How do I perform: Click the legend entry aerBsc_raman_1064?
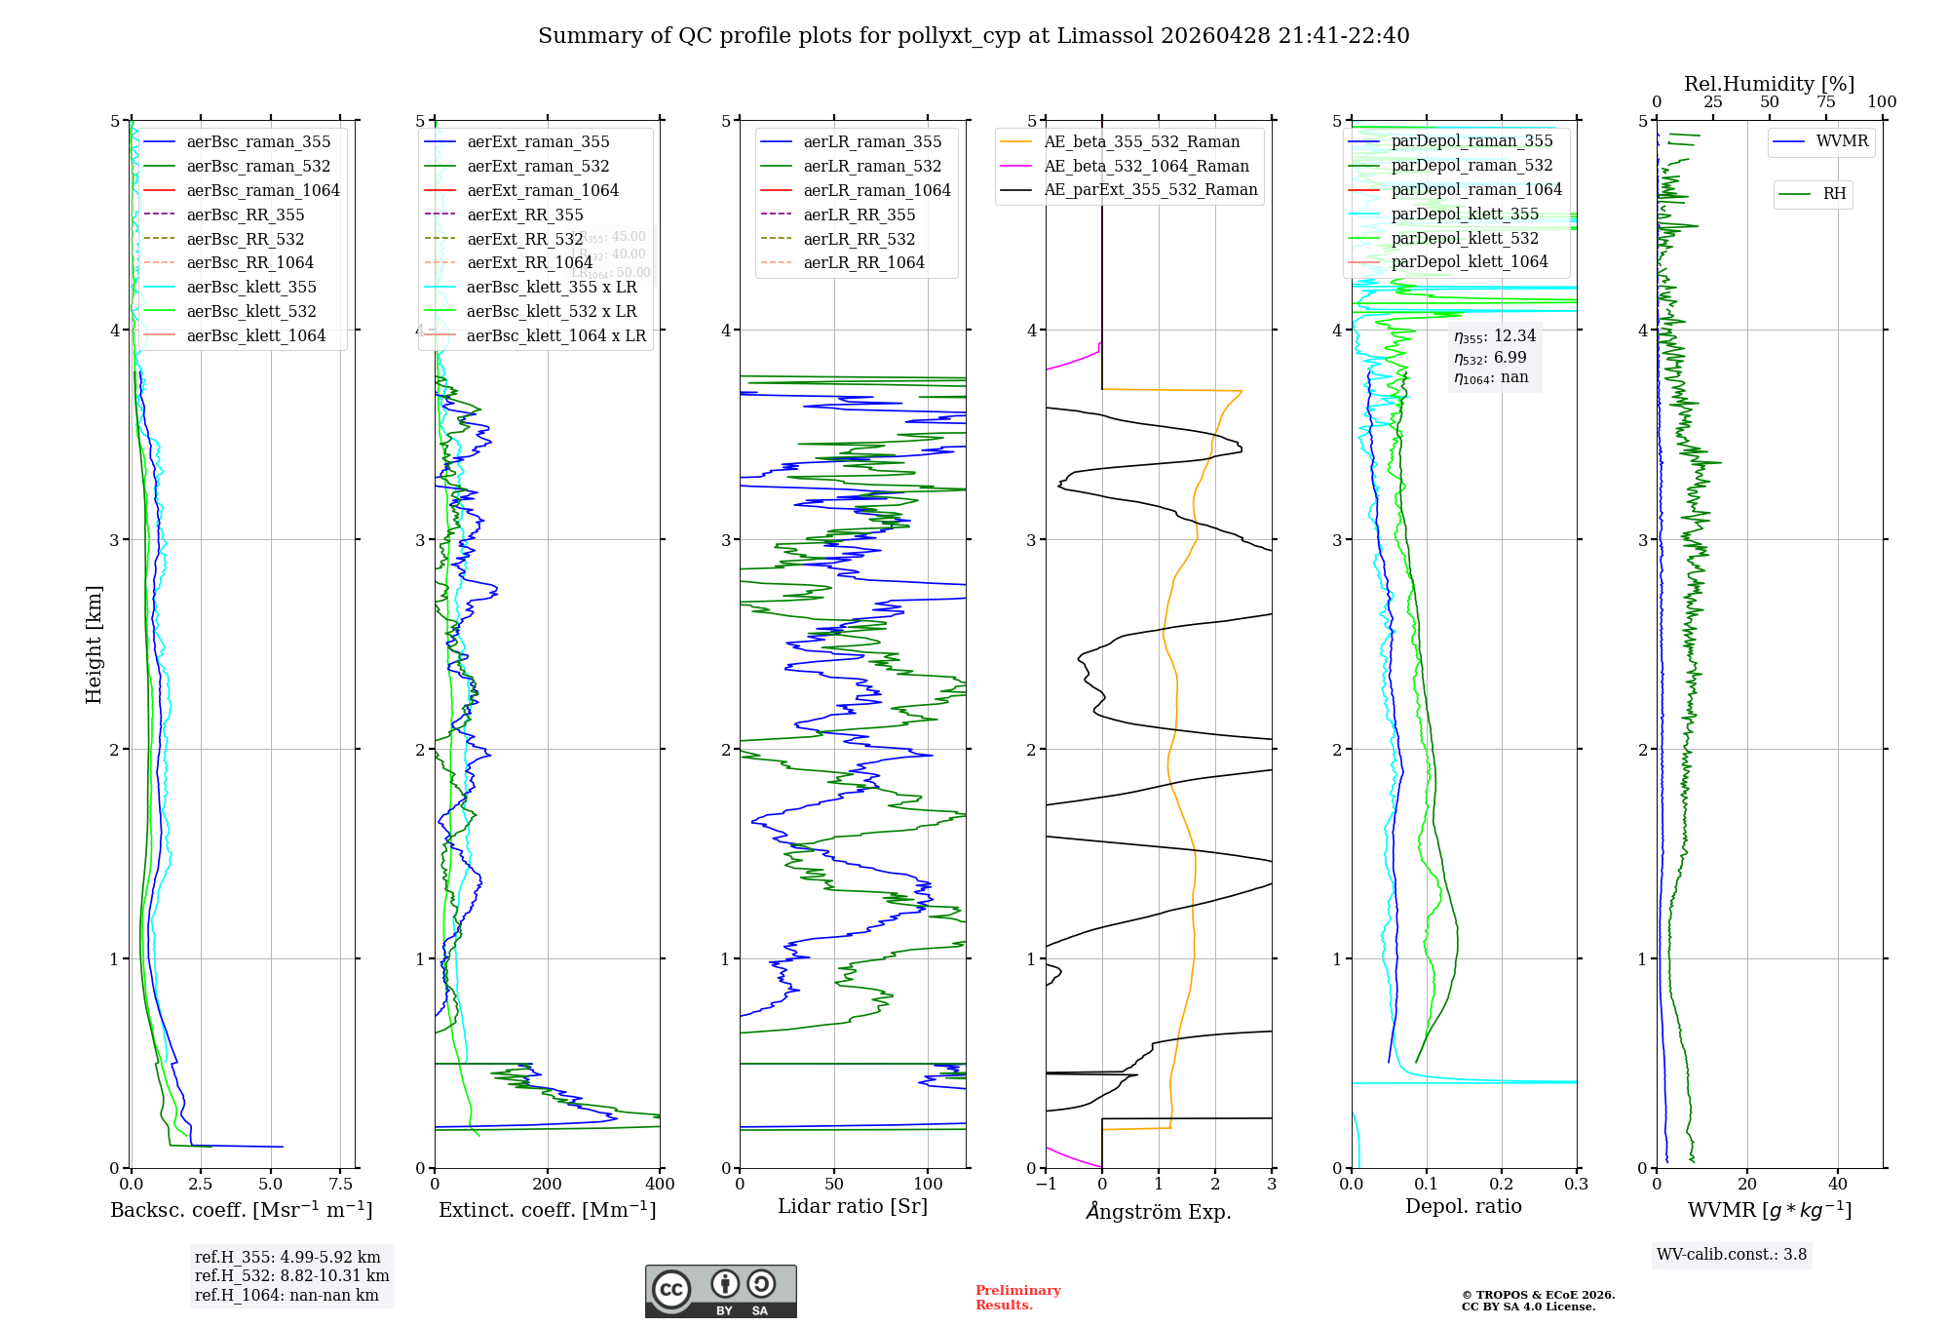tap(263, 190)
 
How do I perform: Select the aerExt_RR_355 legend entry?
tap(524, 214)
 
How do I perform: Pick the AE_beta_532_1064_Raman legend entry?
tap(1146, 166)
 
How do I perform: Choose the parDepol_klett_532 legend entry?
tap(1464, 238)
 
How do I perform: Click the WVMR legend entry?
tap(1841, 141)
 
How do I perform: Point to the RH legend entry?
tap(1833, 194)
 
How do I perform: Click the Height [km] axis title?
tap(94, 644)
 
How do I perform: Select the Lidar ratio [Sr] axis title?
tap(853, 1206)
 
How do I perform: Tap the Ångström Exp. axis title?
tap(1158, 1211)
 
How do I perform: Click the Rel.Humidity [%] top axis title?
tap(1769, 84)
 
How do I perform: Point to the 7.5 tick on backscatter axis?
tap(340, 1185)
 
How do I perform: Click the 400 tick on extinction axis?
tap(660, 1185)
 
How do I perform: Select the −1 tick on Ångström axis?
tap(1046, 1185)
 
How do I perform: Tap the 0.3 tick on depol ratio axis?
tap(1576, 1185)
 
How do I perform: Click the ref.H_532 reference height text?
tap(291, 1275)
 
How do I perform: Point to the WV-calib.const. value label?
tap(1731, 1254)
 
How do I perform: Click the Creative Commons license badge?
tap(720, 1291)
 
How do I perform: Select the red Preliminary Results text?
tap(1017, 1297)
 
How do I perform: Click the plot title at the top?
tap(974, 36)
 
